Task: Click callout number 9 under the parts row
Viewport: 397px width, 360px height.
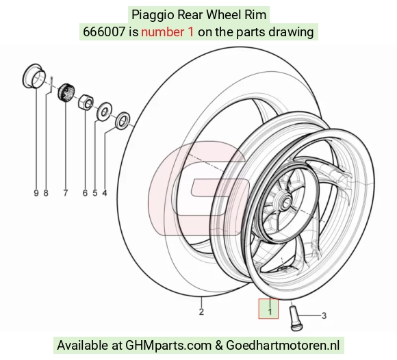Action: [x=36, y=193]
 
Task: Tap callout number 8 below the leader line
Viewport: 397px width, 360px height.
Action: [x=46, y=193]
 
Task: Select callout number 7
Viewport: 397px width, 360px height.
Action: [x=66, y=193]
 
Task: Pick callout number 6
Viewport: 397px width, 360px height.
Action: [x=85, y=193]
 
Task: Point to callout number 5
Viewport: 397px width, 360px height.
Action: [x=95, y=193]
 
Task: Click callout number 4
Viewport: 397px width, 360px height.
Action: [x=105, y=193]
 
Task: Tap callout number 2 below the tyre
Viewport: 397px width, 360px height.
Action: [x=201, y=311]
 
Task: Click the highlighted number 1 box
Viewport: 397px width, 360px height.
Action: [x=268, y=309]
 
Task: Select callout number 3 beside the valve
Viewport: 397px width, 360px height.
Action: [x=324, y=316]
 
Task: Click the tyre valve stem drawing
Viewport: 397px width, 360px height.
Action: [x=294, y=318]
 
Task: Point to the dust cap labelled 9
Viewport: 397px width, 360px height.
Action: [x=34, y=76]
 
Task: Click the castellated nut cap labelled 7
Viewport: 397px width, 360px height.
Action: [x=66, y=92]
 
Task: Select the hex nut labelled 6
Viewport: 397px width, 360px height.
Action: [x=86, y=102]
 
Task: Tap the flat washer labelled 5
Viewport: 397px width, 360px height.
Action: [x=104, y=112]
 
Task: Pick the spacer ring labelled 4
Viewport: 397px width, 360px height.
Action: [x=123, y=120]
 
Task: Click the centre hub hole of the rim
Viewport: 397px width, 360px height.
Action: [x=286, y=203]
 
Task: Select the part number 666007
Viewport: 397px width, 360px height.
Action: [x=104, y=32]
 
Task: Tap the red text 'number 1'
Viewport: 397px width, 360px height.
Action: [x=168, y=32]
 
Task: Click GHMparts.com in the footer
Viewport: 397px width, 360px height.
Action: [x=168, y=346]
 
